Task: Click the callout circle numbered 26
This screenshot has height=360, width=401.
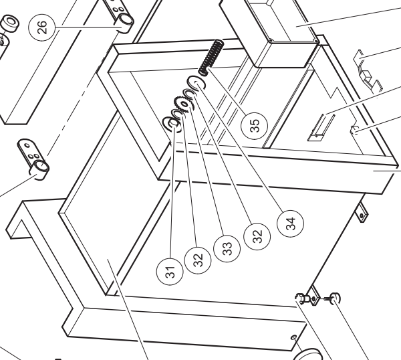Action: (42, 27)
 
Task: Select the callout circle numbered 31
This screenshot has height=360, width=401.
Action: (170, 271)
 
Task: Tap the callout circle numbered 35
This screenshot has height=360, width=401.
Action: (254, 126)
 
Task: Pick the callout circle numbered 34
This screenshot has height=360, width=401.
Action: (291, 223)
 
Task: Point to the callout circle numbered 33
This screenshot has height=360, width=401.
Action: (227, 248)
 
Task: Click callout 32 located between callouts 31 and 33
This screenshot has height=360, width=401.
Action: (198, 260)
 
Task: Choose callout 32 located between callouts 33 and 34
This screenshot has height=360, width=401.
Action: (257, 236)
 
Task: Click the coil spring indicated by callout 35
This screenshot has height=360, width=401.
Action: (211, 58)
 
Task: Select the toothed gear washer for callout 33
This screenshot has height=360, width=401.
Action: (184, 104)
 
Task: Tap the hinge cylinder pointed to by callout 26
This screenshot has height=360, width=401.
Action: (126, 23)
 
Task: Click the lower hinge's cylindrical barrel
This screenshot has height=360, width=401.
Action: (40, 170)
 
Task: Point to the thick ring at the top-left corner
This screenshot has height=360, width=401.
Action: (10, 23)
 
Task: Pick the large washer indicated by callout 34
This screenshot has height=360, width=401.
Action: (196, 84)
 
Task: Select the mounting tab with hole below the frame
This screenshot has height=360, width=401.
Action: (362, 212)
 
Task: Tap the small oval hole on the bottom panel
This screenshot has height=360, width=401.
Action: (294, 337)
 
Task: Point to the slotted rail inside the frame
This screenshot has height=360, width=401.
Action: (321, 128)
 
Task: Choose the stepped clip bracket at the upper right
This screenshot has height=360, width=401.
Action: (368, 72)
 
